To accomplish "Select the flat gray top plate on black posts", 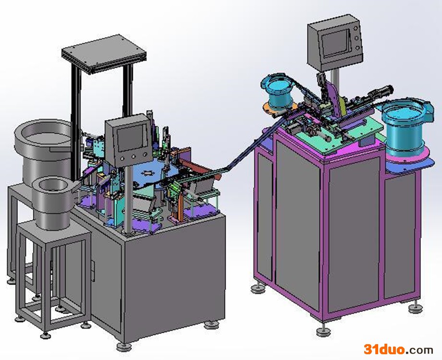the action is coord(104,54).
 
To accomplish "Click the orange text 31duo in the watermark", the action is coord(384,349).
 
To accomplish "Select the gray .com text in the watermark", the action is coord(419,350).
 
